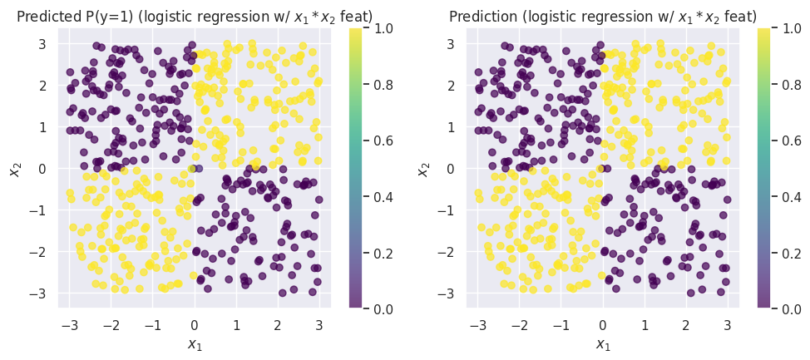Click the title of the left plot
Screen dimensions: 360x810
coord(194,16)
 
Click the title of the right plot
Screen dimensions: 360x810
coord(603,16)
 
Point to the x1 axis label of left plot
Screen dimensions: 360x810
coord(194,344)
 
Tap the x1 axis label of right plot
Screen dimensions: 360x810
coord(603,344)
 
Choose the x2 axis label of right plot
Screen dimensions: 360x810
coord(424,169)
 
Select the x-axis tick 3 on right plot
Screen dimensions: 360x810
coord(727,323)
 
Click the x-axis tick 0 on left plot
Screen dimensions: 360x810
coord(194,323)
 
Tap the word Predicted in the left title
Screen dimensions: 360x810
coord(45,16)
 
